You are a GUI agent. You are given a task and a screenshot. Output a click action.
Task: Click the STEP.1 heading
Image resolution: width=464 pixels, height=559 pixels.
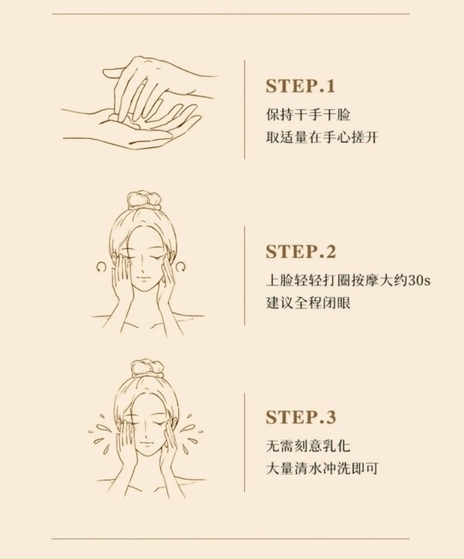click(x=301, y=86)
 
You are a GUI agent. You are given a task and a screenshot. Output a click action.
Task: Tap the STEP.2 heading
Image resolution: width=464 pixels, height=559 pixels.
click(x=301, y=251)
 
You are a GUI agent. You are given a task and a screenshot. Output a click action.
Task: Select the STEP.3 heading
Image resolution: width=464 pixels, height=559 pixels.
click(x=301, y=417)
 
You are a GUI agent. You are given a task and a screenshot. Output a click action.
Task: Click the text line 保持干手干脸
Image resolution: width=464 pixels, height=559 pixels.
click(x=308, y=115)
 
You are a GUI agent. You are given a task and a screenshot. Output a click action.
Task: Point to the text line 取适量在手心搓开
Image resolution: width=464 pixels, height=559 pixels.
click(x=322, y=137)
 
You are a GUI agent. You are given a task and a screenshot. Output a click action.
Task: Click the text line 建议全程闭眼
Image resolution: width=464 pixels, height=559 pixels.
click(x=308, y=303)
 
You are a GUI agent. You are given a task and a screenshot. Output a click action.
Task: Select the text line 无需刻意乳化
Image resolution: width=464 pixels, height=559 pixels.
click(x=308, y=446)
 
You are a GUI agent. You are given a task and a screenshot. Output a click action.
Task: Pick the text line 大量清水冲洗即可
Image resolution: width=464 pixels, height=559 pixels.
click(x=322, y=468)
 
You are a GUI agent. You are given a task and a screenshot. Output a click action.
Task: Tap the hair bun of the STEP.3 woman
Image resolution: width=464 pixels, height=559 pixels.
click(x=147, y=368)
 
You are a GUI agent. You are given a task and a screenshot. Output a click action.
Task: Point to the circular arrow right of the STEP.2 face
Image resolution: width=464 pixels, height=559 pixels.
click(x=181, y=266)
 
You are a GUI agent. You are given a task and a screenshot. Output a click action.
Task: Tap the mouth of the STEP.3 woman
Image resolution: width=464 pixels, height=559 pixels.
click(x=146, y=444)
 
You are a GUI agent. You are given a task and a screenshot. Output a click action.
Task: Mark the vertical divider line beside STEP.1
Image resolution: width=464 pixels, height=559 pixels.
click(x=244, y=109)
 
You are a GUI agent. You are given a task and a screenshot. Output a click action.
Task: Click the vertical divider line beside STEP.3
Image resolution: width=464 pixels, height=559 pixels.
click(x=244, y=442)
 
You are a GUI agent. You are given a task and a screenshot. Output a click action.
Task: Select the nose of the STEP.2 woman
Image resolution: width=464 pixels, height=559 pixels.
click(x=140, y=266)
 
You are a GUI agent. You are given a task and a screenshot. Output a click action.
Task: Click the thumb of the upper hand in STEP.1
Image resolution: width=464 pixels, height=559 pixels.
click(x=114, y=72)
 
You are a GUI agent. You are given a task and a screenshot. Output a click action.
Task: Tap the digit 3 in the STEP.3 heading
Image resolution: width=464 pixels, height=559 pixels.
click(x=331, y=417)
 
